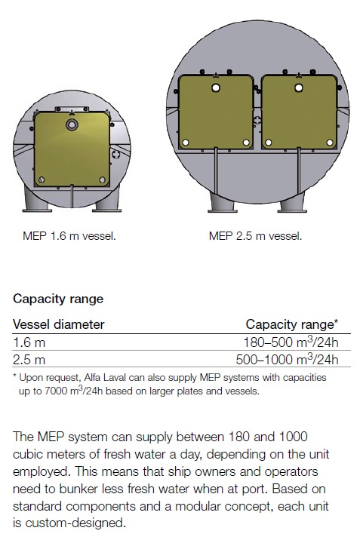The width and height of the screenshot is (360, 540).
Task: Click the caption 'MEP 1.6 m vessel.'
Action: (69, 236)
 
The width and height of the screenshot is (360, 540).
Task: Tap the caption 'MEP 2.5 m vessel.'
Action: (255, 236)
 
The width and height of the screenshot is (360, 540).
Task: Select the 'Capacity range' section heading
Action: (58, 299)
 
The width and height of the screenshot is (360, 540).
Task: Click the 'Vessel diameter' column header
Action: (59, 324)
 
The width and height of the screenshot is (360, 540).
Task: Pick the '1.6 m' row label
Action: (29, 342)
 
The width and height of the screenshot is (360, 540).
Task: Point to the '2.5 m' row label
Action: (29, 360)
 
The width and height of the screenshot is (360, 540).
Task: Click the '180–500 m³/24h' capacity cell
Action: (291, 342)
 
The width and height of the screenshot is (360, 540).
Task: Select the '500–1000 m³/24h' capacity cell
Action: (287, 359)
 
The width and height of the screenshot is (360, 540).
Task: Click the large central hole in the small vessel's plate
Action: (72, 124)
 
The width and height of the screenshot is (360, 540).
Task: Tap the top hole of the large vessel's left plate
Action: (216, 87)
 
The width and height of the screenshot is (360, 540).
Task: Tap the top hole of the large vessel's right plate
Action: (299, 87)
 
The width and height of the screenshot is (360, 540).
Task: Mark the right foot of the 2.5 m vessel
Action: (292, 203)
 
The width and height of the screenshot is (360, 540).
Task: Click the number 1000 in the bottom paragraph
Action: (293, 437)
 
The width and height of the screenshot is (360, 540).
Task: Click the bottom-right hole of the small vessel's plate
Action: (102, 179)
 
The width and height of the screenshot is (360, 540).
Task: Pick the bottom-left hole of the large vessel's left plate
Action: (186, 143)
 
